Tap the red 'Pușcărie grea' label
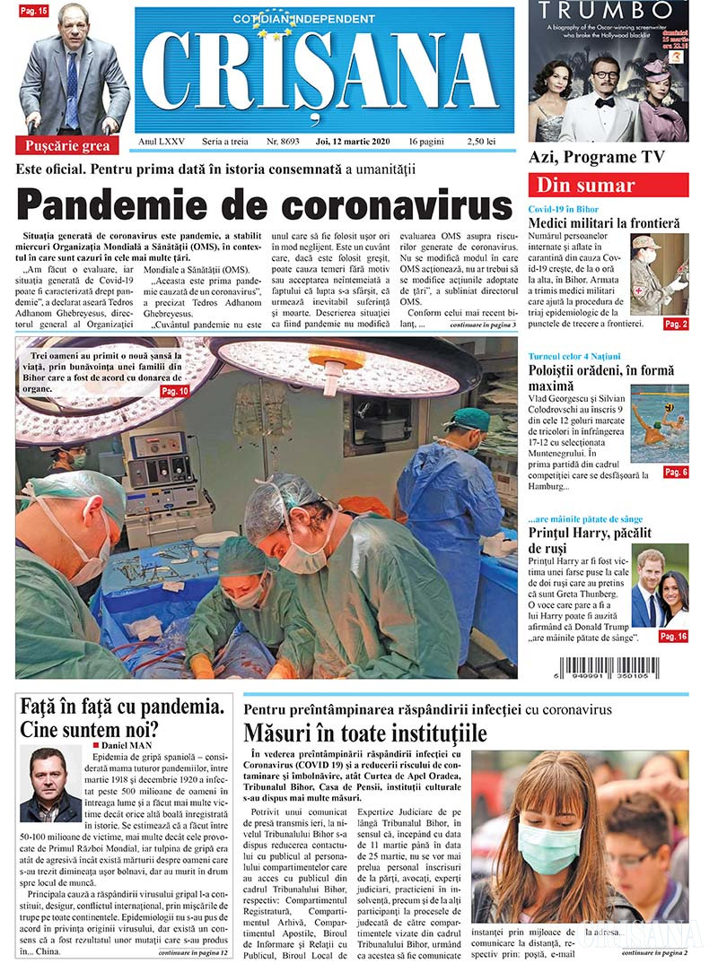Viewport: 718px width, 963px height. tap(68, 145)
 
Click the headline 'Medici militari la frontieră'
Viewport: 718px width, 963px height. tap(603, 222)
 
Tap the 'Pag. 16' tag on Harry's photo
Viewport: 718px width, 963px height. tap(673, 636)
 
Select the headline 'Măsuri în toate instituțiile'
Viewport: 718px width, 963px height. tap(365, 733)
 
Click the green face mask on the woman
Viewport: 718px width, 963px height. tap(549, 848)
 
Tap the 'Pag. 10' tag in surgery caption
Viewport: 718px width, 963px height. tap(173, 392)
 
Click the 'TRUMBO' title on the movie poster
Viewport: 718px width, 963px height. tap(606, 11)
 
